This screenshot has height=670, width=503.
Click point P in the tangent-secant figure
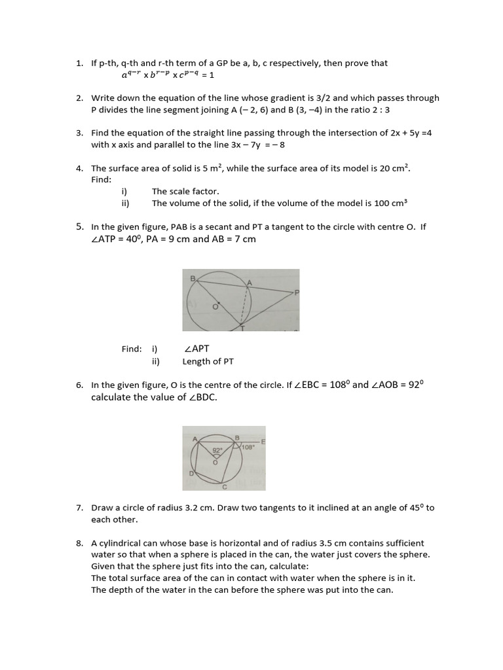click(297, 293)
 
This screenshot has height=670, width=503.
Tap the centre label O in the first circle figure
click(214, 306)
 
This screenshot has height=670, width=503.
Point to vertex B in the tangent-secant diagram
click(193, 279)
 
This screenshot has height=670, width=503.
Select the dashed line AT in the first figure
click(246, 304)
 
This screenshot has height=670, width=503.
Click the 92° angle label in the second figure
click(217, 450)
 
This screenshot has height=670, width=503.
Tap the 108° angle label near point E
click(248, 448)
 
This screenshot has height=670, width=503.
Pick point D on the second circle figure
click(191, 473)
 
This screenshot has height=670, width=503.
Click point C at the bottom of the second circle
click(225, 487)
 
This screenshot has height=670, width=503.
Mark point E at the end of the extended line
click(263, 442)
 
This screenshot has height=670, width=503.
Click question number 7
click(79, 508)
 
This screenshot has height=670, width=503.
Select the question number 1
click(79, 63)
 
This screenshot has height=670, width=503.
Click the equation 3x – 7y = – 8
click(258, 145)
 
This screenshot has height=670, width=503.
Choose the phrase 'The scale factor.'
click(185, 192)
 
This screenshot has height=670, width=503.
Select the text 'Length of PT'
click(208, 361)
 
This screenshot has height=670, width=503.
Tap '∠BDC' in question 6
click(202, 397)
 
